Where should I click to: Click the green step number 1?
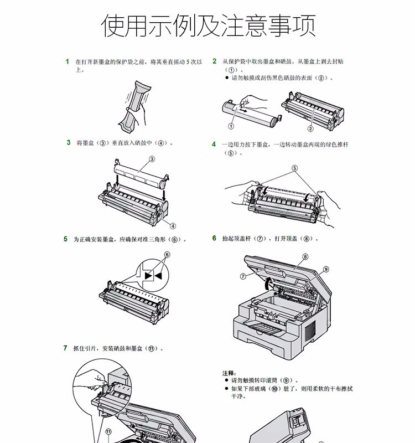coord(67,61)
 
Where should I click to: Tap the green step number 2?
coord(215,61)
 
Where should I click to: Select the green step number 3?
coord(68,142)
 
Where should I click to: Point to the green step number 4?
coord(214,145)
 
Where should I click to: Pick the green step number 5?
coord(65,239)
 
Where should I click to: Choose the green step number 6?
coord(214,238)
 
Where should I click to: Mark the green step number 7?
coord(65,348)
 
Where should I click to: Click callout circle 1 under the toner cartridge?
coord(231,126)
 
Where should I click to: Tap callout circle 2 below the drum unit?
coord(310,129)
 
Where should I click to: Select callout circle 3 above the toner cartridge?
coord(152,159)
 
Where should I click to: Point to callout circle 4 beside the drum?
coord(173,226)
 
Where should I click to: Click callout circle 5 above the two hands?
coord(294,168)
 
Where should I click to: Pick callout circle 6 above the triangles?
coord(167,255)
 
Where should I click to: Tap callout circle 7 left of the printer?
coord(243,276)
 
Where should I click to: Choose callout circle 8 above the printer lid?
coord(305,257)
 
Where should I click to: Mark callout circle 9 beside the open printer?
coord(326,269)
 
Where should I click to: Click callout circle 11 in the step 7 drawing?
coord(108,432)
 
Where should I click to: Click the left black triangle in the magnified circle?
coord(148,276)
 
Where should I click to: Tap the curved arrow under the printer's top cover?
coord(268,284)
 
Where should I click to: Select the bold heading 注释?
coord(229,373)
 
